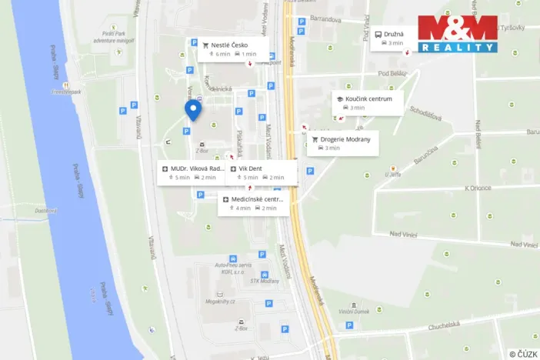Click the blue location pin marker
(193, 110)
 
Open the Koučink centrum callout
(367, 103)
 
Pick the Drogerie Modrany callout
(343, 143)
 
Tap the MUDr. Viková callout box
(194, 172)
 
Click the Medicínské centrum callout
(253, 203)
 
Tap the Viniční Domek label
(355, 312)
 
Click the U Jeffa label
(392, 175)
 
